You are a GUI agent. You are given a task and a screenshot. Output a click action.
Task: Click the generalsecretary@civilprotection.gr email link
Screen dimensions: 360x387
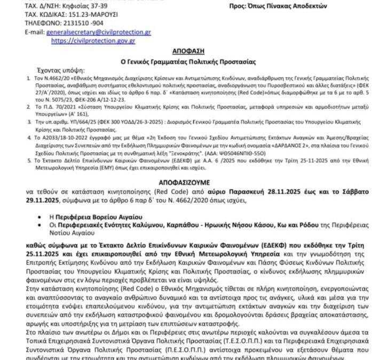click(x=98, y=32)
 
